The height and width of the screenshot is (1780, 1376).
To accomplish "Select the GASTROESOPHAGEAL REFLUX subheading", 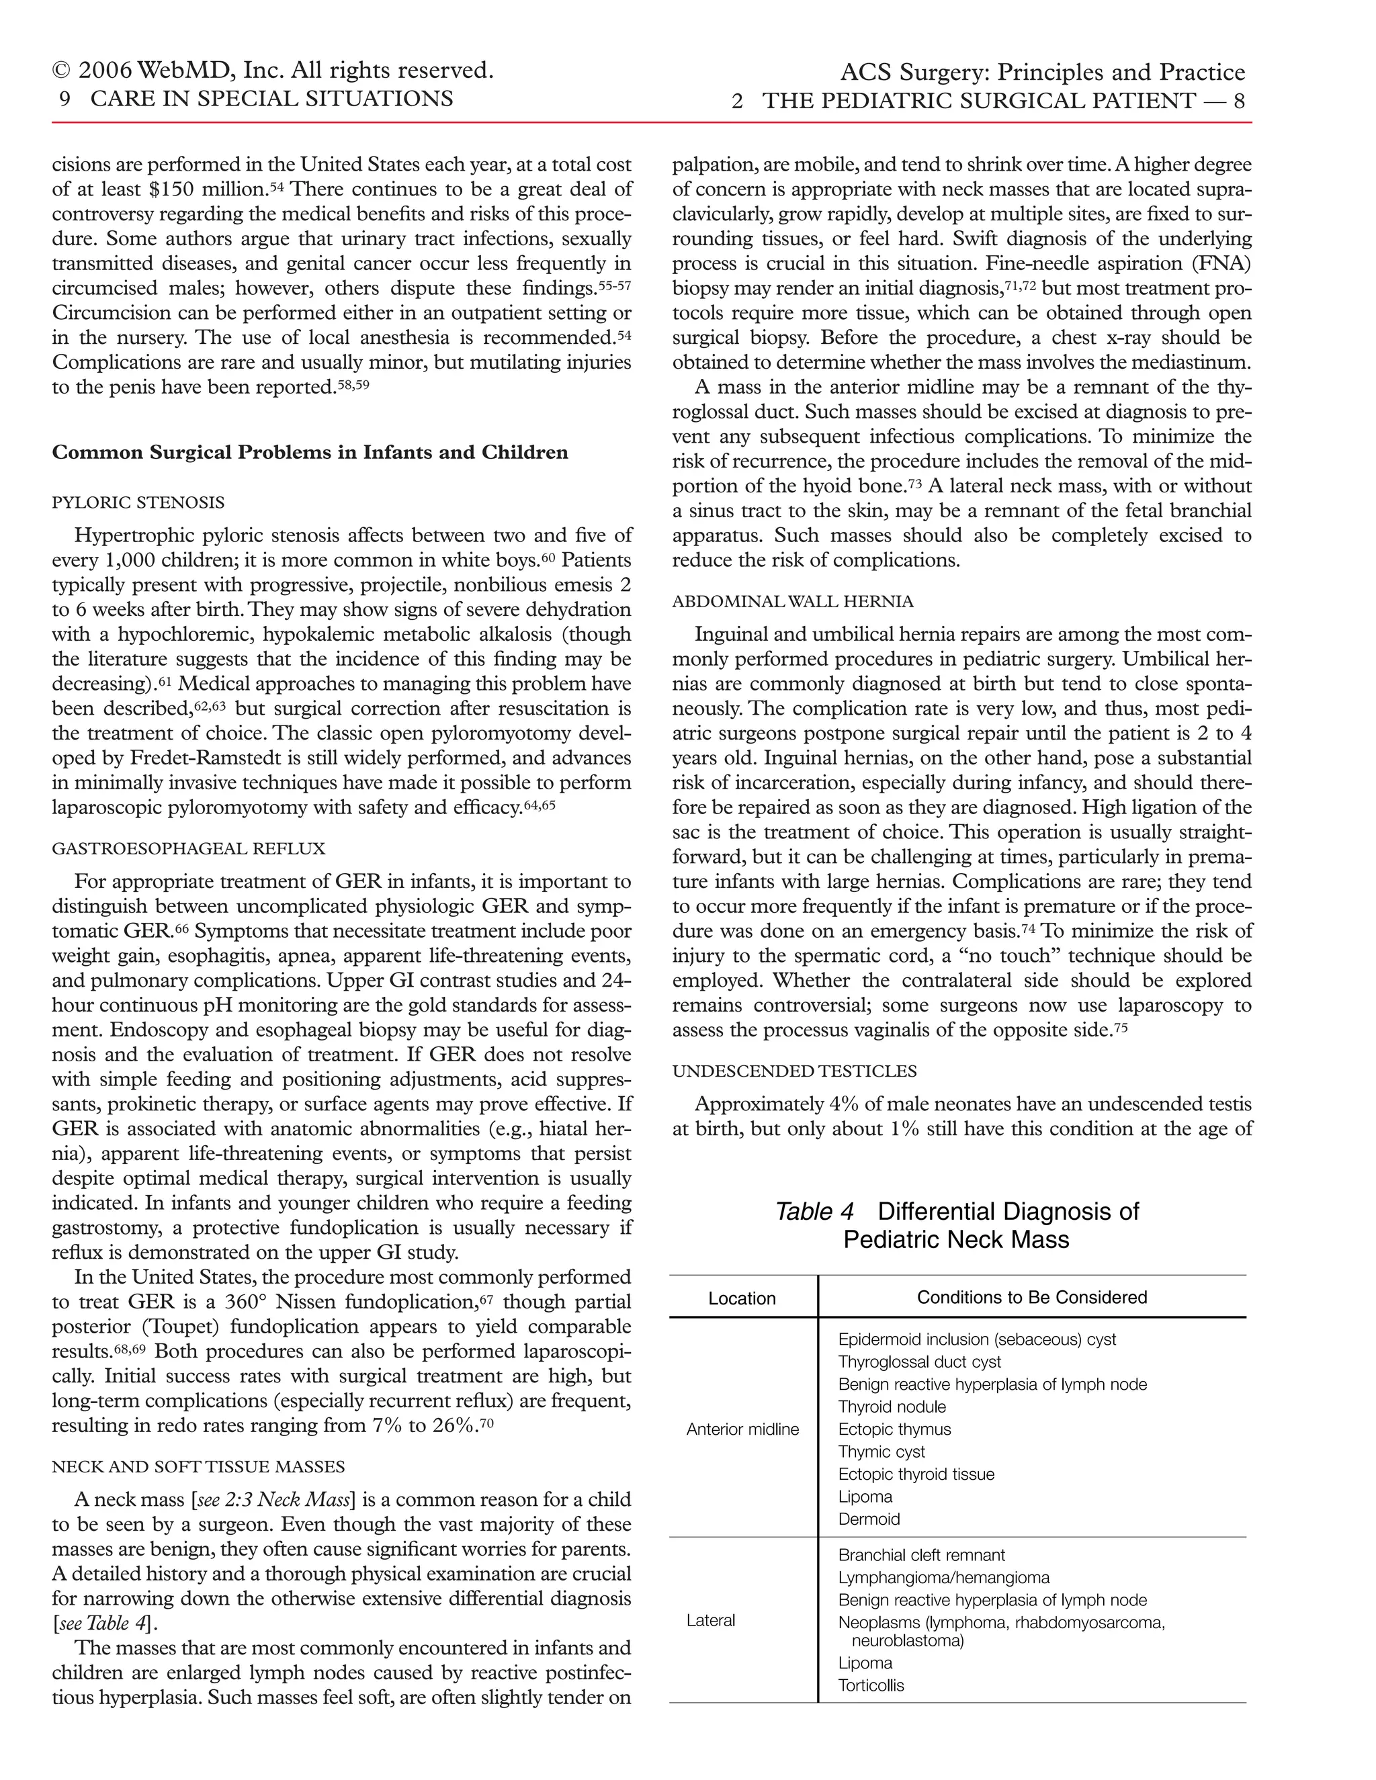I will [188, 848].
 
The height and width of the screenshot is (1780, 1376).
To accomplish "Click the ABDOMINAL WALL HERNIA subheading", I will [792, 601].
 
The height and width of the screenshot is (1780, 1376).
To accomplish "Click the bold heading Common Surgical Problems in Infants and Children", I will [310, 452].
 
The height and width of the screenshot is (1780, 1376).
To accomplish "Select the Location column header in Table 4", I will [742, 1298].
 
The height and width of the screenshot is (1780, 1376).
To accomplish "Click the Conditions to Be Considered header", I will [1031, 1298].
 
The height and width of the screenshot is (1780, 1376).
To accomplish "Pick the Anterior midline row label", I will [742, 1429].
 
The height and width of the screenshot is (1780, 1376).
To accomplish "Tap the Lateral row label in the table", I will [710, 1620].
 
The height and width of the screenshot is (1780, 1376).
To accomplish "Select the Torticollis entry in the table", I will [871, 1685].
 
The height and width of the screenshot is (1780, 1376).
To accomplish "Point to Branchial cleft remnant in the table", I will [921, 1555].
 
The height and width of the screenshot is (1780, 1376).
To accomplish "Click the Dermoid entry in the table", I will [869, 1519].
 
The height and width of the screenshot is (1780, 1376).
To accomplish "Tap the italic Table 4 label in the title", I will [814, 1212].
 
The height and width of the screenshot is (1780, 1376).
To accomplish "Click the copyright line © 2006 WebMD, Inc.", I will [272, 71].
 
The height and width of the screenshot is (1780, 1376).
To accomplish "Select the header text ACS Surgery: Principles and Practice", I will [1042, 73].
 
